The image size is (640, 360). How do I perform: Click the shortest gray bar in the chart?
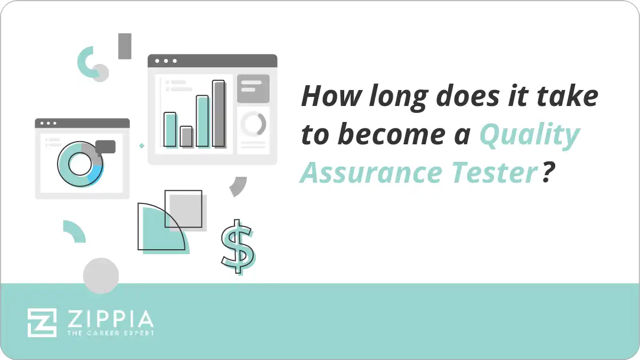tap(186, 136)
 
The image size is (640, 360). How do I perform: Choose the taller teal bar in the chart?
tap(202, 121)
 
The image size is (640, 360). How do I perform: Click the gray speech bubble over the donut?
tap(106, 147)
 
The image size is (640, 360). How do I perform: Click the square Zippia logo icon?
tap(42, 323)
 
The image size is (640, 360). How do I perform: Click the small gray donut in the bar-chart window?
tap(253, 124)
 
